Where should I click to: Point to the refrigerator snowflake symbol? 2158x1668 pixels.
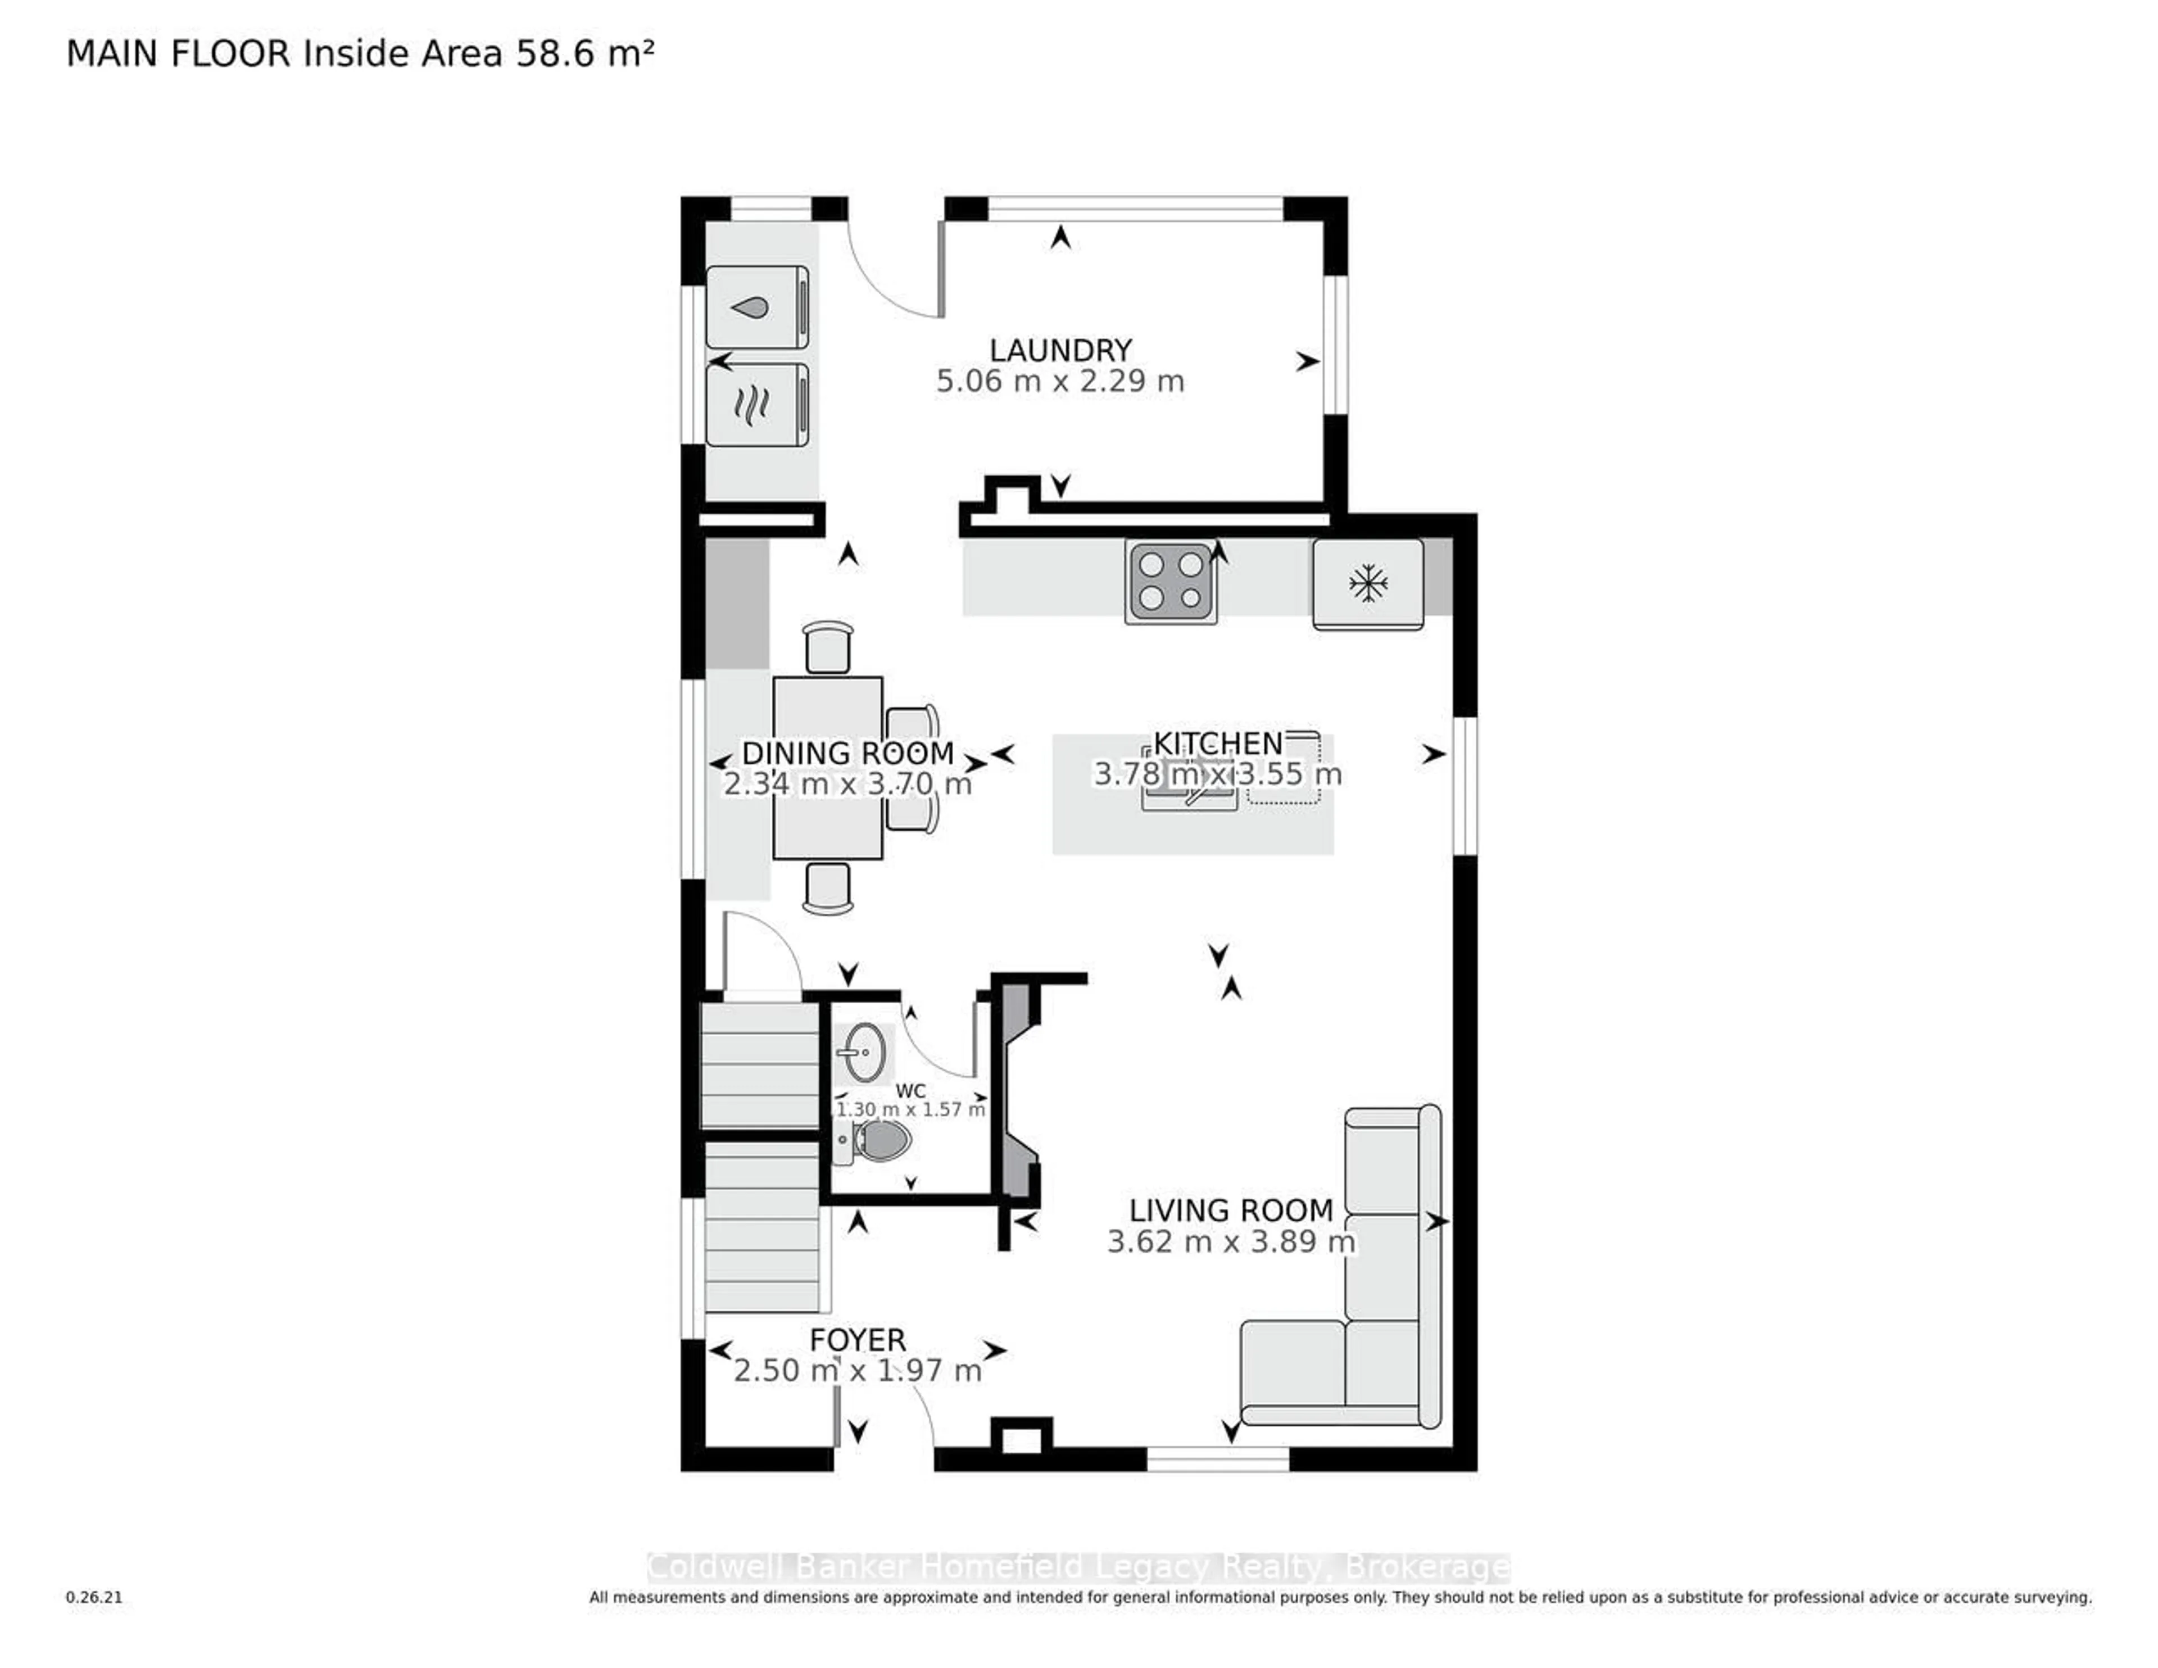pos(1368,583)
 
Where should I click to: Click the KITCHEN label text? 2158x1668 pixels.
pos(1217,743)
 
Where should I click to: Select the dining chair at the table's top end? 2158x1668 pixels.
pos(827,648)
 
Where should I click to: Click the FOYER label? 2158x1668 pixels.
pos(856,1340)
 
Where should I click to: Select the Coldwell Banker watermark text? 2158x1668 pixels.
pos(1077,1567)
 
